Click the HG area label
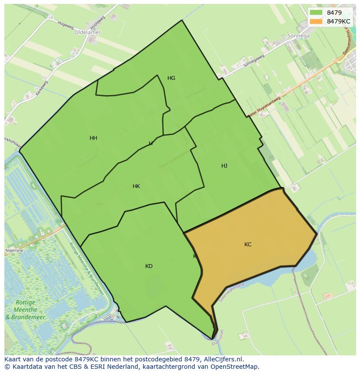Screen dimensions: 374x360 (171, 78)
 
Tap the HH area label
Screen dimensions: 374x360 (93, 138)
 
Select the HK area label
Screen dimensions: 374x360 (136, 186)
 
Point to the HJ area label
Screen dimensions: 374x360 (224, 166)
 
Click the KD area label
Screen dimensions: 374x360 (149, 266)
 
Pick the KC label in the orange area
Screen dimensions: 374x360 (248, 245)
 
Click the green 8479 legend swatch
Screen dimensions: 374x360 (316, 13)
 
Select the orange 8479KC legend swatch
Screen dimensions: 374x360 (316, 21)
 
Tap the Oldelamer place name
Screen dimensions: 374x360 (87, 32)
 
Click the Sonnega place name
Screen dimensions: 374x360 (298, 36)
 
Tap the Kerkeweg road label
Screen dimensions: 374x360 (42, 88)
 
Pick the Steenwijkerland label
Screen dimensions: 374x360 (232, 292)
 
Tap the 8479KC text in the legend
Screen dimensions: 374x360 (338, 21)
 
